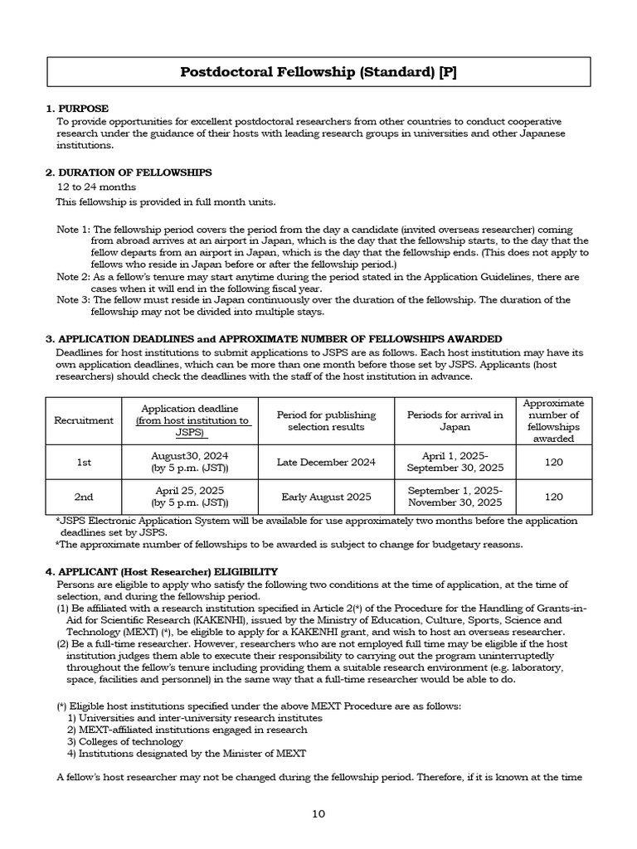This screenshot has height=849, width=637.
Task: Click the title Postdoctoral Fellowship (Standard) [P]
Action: click(x=318, y=72)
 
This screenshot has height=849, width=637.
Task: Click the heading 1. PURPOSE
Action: click(x=76, y=109)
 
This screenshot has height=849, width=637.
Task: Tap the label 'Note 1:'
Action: click(x=73, y=229)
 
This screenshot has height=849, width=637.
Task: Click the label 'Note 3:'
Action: click(x=73, y=300)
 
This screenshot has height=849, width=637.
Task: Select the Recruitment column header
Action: click(x=84, y=420)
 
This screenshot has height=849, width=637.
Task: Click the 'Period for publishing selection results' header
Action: click(x=332, y=420)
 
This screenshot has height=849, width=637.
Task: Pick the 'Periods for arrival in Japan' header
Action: click(x=455, y=420)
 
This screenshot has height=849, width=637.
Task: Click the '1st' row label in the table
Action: click(x=84, y=462)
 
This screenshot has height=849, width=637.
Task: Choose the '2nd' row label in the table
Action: click(x=84, y=497)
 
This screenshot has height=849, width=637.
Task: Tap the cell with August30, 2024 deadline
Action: click(x=190, y=462)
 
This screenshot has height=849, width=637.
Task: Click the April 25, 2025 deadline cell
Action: click(x=190, y=497)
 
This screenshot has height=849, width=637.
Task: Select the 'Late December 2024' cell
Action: click(x=332, y=462)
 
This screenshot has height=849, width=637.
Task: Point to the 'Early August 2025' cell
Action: click(x=332, y=497)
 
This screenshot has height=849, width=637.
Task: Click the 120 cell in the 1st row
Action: click(x=553, y=462)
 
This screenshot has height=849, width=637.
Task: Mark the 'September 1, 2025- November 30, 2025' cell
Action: click(x=455, y=497)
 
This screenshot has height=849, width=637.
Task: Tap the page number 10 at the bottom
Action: click(x=318, y=813)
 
